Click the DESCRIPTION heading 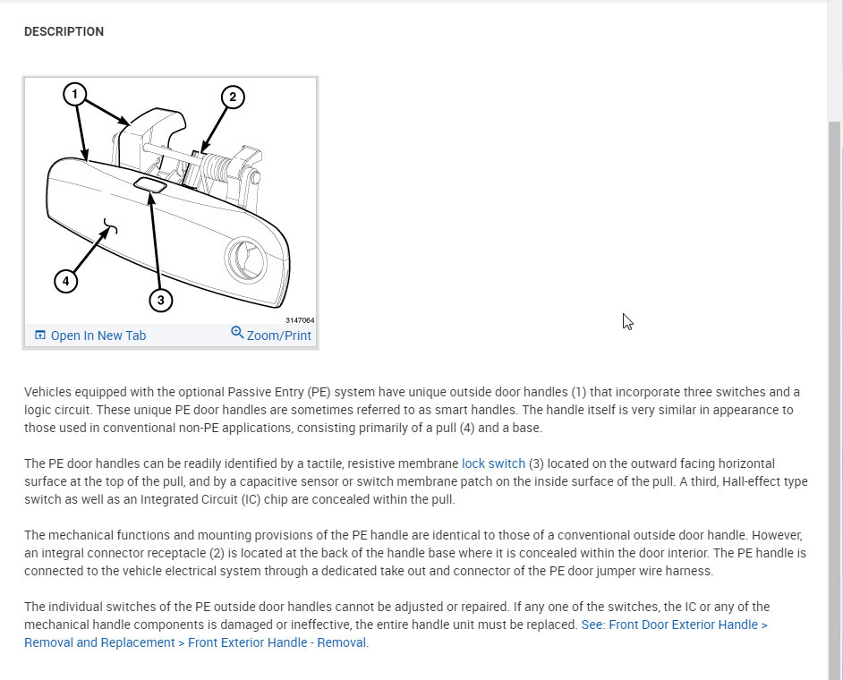click(64, 32)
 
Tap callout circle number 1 click(75, 93)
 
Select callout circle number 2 click(233, 98)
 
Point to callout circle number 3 click(160, 300)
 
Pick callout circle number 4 click(65, 282)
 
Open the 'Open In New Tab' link click(98, 336)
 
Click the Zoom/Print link click(279, 336)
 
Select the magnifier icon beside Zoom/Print click(237, 332)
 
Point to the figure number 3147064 click(300, 319)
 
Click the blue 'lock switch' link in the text click(493, 463)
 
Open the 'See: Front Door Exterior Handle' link click(674, 625)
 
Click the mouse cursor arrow click(627, 320)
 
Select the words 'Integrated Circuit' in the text click(220, 499)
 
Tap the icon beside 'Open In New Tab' click(39, 336)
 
